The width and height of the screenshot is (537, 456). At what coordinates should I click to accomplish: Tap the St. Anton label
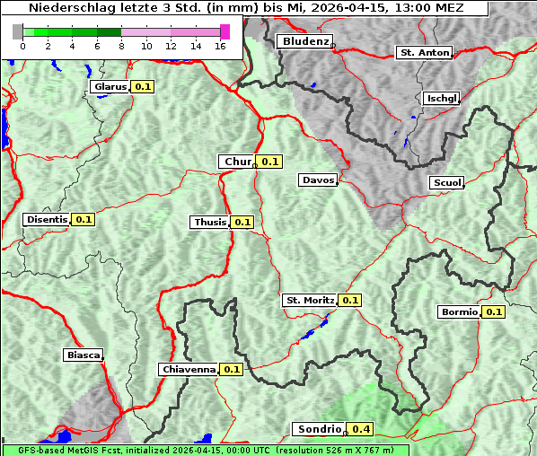424,53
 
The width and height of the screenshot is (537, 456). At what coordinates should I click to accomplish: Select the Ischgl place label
441,98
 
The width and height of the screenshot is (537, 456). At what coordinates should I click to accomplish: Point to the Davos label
318,180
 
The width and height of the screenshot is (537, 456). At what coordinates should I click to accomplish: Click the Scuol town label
446,183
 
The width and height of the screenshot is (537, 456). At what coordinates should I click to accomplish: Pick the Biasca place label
83,355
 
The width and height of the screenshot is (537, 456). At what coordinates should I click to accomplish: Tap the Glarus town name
110,87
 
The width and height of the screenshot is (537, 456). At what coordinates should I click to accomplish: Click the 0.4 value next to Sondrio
362,429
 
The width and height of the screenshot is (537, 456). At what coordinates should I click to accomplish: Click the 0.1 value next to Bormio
494,312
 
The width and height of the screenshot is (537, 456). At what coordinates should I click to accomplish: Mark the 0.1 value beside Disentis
84,219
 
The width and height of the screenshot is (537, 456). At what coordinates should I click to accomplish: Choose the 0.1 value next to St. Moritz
349,301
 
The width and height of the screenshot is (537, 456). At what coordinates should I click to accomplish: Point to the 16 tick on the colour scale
220,47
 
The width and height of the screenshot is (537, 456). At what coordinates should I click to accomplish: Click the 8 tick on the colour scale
121,47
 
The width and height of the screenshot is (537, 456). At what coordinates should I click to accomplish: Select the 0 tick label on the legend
22,47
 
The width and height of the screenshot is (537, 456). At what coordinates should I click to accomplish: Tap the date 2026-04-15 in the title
347,8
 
